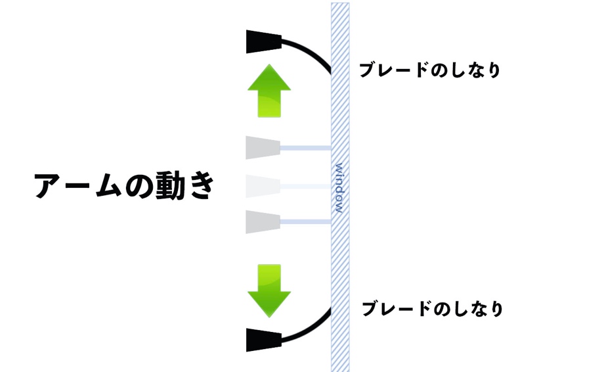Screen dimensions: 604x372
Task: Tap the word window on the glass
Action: pyautogui.click(x=339, y=188)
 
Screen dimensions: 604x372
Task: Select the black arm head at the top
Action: pyautogui.click(x=263, y=41)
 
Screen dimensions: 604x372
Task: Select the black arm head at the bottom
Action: pyautogui.click(x=263, y=340)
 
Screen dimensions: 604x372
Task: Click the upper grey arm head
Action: pyautogui.click(x=263, y=148)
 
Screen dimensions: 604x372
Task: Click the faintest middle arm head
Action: pyautogui.click(x=263, y=187)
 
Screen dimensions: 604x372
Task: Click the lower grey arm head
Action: pyautogui.click(x=263, y=221)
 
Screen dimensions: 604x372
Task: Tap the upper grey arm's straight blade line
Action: pyautogui.click(x=306, y=148)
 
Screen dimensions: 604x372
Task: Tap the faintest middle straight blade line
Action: pyautogui.click(x=306, y=187)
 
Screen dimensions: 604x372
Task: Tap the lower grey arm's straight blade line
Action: pyautogui.click(x=306, y=221)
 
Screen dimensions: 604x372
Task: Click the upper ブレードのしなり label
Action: pyautogui.click(x=430, y=70)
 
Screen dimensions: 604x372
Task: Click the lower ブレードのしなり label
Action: pyautogui.click(x=433, y=309)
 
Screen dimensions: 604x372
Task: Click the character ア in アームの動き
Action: pyautogui.click(x=49, y=186)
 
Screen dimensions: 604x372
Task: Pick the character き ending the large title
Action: pyautogui.click(x=200, y=185)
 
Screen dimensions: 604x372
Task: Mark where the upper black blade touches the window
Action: pyautogui.click(x=331, y=72)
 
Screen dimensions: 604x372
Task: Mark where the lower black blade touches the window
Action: pyautogui.click(x=331, y=309)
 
